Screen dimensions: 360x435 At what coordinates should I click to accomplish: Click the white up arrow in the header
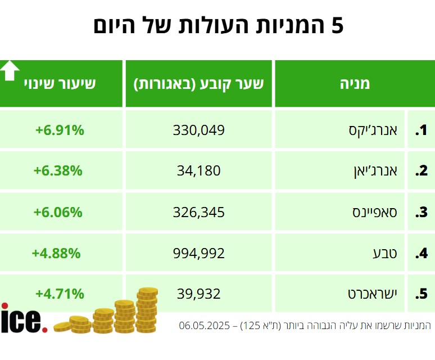[10, 70]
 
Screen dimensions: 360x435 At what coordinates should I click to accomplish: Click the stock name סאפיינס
[374, 213]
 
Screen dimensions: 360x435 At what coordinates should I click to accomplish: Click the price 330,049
[199, 130]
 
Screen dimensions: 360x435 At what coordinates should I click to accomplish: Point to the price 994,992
[199, 254]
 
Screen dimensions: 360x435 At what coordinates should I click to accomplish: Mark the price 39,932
[198, 294]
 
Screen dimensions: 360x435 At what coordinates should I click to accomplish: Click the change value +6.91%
[60, 130]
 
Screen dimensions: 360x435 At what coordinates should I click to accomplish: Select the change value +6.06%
[58, 213]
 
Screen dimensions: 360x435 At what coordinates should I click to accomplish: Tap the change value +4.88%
[56, 254]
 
